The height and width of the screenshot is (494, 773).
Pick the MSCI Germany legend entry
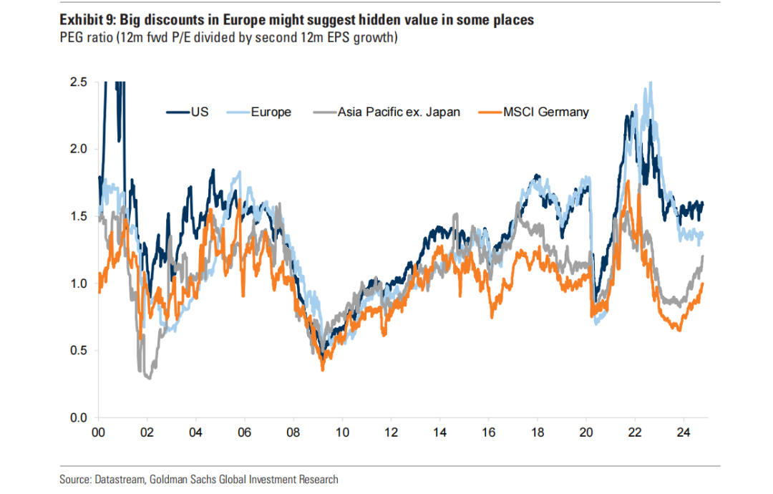click(x=545, y=112)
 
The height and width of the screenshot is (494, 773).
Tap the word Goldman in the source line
click(x=169, y=479)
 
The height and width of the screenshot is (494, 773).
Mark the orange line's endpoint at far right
click(x=703, y=284)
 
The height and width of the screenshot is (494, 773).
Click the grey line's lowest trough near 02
click(x=148, y=377)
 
